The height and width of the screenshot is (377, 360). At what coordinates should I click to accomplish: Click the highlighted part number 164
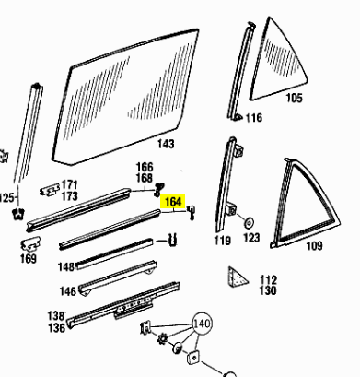173,202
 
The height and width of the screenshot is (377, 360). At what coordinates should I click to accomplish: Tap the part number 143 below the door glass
166,144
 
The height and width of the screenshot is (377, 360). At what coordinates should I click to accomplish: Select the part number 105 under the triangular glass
294,98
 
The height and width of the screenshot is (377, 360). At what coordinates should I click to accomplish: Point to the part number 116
254,118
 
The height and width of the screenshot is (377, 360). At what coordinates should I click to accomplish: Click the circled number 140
202,324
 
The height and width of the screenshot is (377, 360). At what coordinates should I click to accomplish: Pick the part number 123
251,238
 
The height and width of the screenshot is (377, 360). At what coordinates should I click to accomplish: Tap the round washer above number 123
249,222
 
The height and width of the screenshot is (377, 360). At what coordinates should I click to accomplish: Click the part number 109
314,246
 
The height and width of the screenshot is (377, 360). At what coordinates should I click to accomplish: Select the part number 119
222,241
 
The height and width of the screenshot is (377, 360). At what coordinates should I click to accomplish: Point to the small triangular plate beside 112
237,277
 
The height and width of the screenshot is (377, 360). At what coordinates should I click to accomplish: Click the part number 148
66,266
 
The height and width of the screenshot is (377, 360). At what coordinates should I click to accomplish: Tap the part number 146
68,291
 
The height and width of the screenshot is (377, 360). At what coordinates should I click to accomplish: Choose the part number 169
29,258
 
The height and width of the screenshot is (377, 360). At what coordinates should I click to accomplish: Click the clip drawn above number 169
30,243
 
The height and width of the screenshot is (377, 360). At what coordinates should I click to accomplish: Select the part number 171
70,184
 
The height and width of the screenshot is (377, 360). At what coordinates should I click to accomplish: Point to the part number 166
145,167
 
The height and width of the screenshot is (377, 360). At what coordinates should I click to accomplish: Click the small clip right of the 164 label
192,212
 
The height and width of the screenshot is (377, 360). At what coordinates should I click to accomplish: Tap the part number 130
268,290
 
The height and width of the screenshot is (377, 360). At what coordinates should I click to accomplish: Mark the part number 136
57,328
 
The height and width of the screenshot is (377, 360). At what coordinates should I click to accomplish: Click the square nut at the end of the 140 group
193,357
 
